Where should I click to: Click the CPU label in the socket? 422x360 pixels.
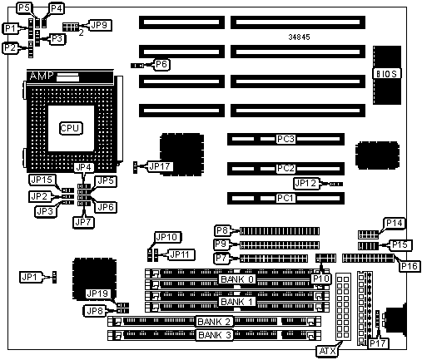pos(71,128)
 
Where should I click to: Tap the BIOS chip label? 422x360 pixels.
pos(387,74)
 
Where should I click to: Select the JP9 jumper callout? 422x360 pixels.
pos(99,25)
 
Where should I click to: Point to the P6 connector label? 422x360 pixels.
pos(161,65)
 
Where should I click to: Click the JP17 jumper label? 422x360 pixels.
pos(160,166)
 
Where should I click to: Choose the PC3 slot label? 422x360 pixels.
pos(285,139)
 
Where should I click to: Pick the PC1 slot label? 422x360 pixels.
pos(285,198)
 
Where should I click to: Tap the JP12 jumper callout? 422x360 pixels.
pos(306,183)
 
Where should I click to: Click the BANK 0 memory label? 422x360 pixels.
pos(237,279)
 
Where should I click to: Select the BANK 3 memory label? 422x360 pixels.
pos(215,335)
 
